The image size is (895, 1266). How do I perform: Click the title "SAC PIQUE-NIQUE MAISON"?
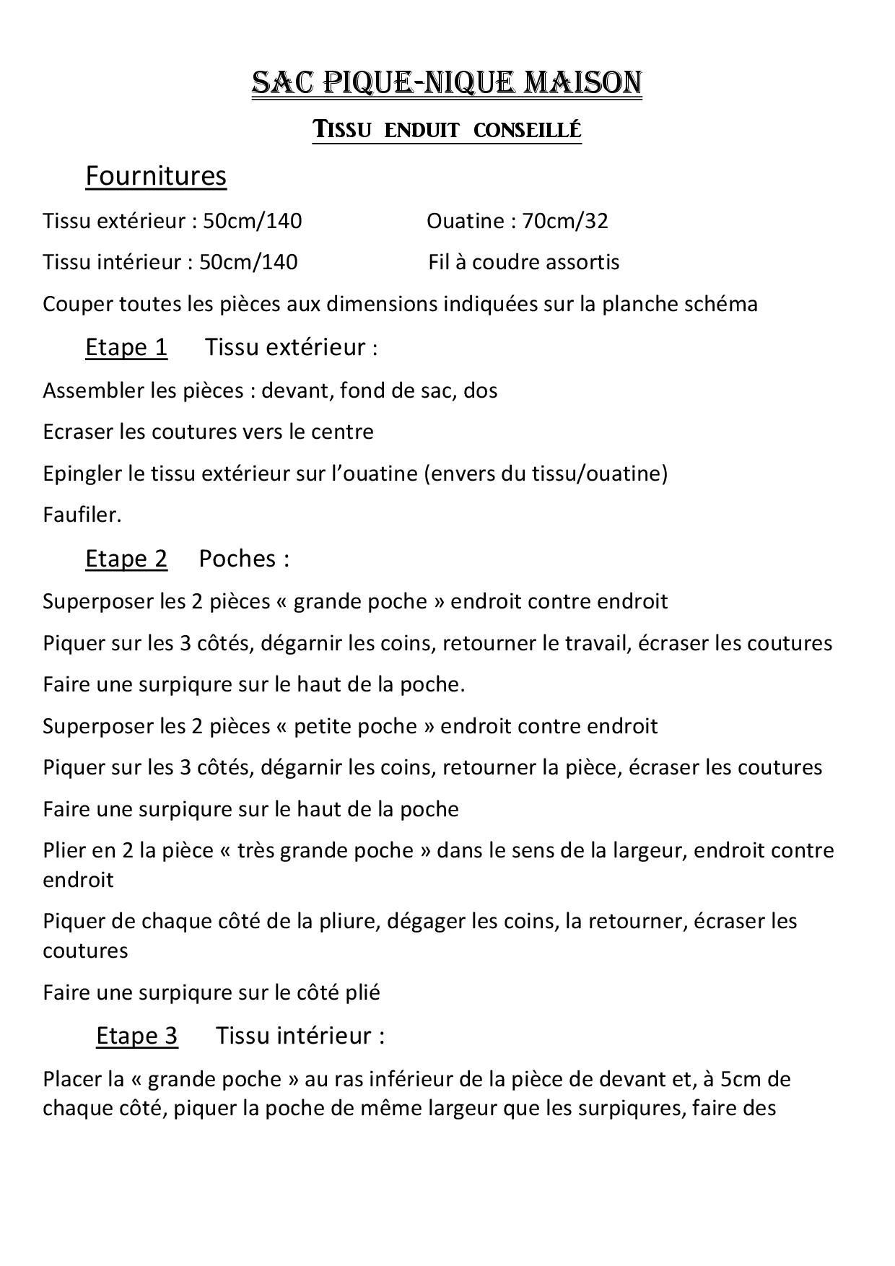tap(447, 83)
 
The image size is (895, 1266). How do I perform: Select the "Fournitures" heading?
tap(156, 175)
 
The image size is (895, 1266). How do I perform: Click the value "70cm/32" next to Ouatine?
tap(565, 221)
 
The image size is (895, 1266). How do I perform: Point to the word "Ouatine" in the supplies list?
tap(463, 221)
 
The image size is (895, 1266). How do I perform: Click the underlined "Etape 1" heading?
tap(126, 347)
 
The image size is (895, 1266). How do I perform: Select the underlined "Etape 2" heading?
tap(126, 559)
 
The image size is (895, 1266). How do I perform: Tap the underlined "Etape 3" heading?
tap(136, 1036)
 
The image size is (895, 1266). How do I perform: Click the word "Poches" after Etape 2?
tap(237, 559)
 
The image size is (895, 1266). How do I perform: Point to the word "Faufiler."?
tap(82, 515)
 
